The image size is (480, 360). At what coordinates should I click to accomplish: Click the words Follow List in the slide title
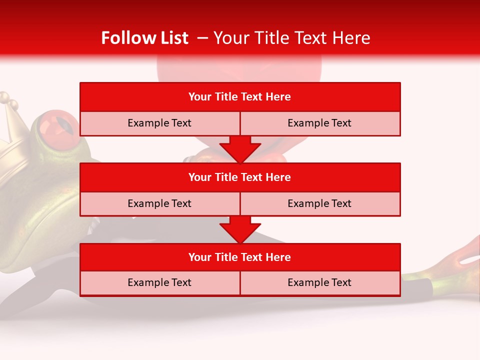[145, 38]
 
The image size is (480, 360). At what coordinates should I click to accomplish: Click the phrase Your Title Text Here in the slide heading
[291, 38]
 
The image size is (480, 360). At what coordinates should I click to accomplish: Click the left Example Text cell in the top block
[159, 123]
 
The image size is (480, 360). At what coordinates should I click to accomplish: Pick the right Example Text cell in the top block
[319, 123]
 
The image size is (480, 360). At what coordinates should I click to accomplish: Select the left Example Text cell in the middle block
[159, 203]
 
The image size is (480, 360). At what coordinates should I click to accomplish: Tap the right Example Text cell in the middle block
[319, 203]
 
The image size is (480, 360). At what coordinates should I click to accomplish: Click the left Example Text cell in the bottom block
[159, 282]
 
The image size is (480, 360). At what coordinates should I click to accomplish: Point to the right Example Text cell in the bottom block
[319, 282]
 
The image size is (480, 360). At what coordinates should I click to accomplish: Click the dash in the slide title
[202, 38]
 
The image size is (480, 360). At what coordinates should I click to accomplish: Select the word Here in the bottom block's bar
[278, 257]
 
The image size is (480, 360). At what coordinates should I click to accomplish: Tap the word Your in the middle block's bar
[200, 177]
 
